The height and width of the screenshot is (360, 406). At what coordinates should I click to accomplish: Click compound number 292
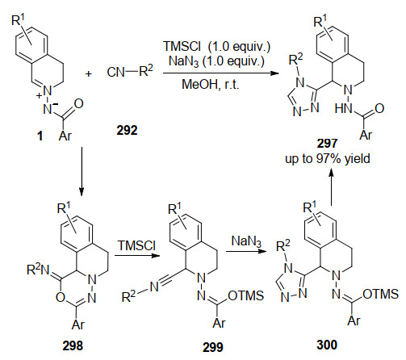coord(127,130)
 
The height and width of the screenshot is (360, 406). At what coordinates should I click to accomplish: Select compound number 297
coord(327,144)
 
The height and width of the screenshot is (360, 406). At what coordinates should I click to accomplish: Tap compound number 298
coord(73,345)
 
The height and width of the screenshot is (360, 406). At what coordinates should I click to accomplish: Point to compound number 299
coord(212,347)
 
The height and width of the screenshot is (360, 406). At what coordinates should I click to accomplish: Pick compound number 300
coord(327,345)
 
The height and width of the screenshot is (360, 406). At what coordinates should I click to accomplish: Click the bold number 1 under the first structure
coord(40,136)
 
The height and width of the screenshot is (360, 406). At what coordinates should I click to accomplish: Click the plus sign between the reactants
coord(89,73)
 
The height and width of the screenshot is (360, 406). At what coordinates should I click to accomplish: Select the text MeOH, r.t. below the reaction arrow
coord(211,85)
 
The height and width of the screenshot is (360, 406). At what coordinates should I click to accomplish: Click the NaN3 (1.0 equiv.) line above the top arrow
coord(216,61)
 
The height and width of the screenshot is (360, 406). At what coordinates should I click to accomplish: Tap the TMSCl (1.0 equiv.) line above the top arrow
coord(216,46)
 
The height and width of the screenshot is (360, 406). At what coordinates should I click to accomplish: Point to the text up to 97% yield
coord(328,159)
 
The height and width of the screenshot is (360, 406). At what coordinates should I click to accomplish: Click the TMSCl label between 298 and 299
coord(136,245)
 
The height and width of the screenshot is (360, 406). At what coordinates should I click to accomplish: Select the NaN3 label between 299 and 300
coord(246,241)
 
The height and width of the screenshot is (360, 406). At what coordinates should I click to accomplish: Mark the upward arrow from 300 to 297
coord(331,186)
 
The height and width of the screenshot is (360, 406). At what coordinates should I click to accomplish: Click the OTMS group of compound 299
coord(245,295)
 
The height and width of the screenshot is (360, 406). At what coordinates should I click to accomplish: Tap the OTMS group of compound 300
coord(380,294)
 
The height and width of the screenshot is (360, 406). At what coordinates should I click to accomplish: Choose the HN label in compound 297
coord(343,109)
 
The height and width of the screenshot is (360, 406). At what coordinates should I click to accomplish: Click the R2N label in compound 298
coord(38,270)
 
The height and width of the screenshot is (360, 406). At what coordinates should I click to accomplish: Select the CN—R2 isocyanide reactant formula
coord(130,71)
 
